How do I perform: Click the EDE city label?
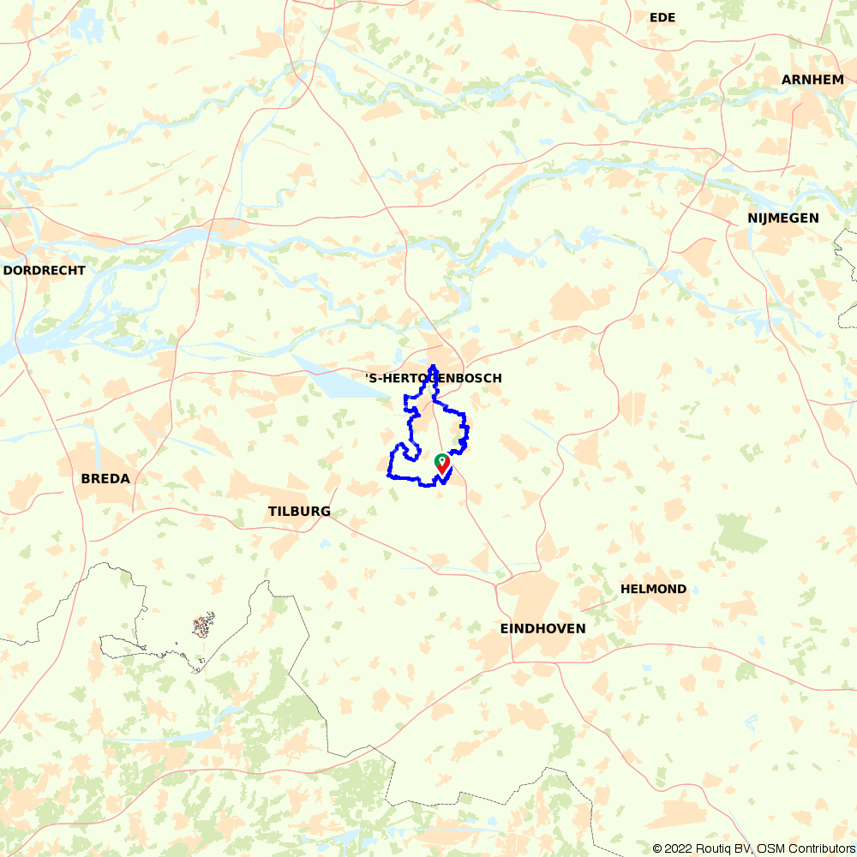click(663, 17)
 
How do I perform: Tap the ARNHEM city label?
click(812, 80)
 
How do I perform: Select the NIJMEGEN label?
click(782, 219)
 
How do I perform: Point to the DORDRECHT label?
click(45, 270)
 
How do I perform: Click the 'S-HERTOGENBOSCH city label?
click(433, 378)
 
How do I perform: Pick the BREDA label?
click(105, 479)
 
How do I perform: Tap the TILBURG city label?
click(299, 512)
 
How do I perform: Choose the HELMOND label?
click(653, 589)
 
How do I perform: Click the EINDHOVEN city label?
click(542, 628)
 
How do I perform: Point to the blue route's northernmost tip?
click(433, 367)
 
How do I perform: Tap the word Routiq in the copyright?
click(717, 848)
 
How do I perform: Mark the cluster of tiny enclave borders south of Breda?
click(203, 626)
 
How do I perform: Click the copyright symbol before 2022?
click(658, 848)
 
